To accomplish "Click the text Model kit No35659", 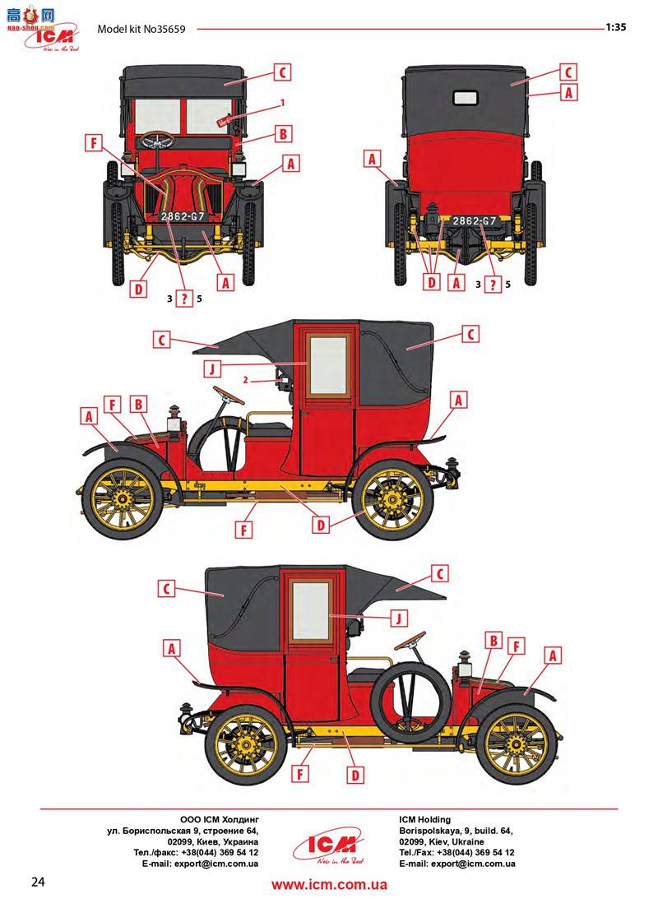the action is pyautogui.click(x=141, y=29).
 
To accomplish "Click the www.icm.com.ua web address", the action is pyautogui.click(x=329, y=885).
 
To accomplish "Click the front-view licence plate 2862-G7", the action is pyautogui.click(x=183, y=216).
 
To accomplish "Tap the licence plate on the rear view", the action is pyautogui.click(x=475, y=220).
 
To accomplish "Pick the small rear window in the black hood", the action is pyautogui.click(x=465, y=96).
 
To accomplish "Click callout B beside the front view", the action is pyautogui.click(x=281, y=133).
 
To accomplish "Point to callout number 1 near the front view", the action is pyautogui.click(x=282, y=103).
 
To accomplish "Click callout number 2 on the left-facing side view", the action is pyautogui.click(x=245, y=379).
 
